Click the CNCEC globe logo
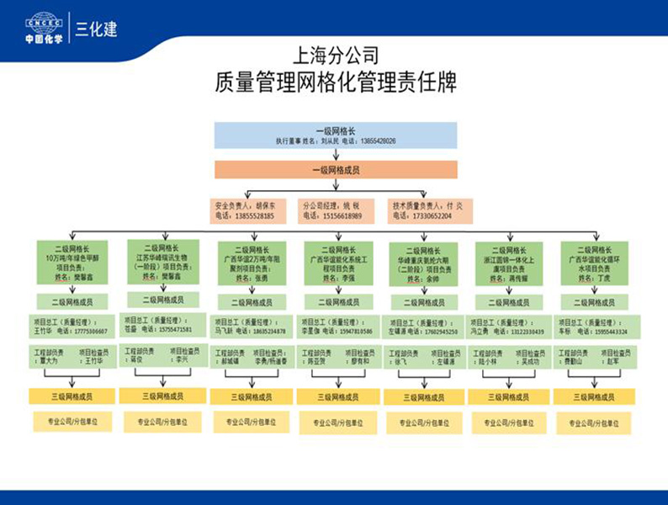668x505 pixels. [44, 23]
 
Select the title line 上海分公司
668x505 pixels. [333, 57]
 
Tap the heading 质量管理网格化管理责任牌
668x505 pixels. [333, 83]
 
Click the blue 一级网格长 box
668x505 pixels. [335, 136]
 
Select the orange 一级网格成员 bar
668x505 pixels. [335, 170]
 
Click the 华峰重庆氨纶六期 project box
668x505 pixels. [422, 263]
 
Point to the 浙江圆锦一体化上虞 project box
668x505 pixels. [507, 263]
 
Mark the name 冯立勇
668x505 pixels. [481, 332]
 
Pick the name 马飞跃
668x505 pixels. [225, 332]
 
